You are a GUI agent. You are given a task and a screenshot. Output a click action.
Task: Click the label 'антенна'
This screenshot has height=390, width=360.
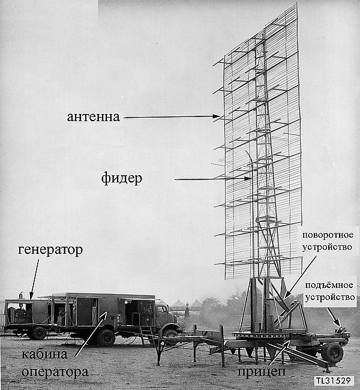pyautogui.click(x=94, y=116)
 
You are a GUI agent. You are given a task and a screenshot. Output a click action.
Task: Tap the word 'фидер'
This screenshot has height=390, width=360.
pyautogui.click(x=122, y=178)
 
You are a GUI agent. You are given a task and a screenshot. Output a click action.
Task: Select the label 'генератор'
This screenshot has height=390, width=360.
pyautogui.click(x=50, y=250)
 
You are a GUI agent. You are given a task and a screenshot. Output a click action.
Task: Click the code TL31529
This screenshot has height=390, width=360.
pyautogui.click(x=334, y=381)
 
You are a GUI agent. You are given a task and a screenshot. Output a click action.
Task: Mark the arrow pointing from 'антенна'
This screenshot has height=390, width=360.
pyautogui.click(x=171, y=117)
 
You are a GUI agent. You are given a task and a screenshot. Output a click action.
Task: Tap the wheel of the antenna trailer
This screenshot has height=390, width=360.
pyautogui.click(x=332, y=353)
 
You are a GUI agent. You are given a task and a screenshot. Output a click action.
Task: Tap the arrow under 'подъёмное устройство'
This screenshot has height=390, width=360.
pyautogui.click(x=333, y=317)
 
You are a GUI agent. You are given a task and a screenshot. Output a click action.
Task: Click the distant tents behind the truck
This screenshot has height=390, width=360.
pyautogui.click(x=186, y=305)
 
